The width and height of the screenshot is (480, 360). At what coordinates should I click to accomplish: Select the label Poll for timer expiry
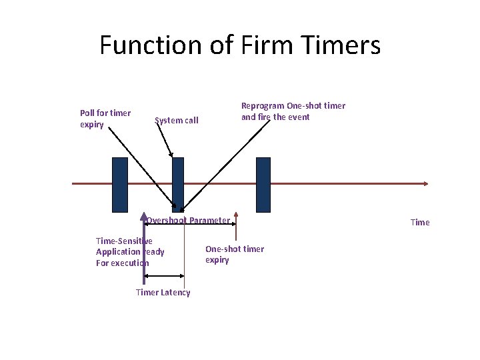tap(105, 119)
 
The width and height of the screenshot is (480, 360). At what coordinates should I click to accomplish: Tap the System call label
tap(176, 121)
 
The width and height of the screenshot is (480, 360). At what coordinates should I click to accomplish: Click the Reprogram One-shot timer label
tap(293, 111)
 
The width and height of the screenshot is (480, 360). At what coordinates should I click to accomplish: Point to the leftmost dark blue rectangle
tap(119, 184)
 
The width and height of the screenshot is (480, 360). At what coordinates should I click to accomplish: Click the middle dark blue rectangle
tap(177, 184)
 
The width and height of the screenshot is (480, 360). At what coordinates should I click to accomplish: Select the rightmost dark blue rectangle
tap(263, 184)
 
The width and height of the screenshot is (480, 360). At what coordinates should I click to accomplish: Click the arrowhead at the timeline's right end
tap(425, 183)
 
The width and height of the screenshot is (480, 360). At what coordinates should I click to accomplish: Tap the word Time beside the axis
tap(420, 223)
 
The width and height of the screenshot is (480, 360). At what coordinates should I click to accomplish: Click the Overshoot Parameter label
tap(188, 221)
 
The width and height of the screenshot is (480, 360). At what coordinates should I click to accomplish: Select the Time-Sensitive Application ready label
tap(129, 252)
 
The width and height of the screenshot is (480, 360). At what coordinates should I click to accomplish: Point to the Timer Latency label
tap(163, 293)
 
